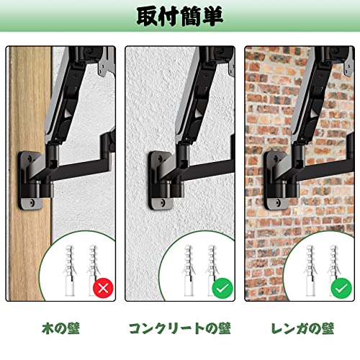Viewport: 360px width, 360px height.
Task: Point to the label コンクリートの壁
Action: click(x=180, y=328)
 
